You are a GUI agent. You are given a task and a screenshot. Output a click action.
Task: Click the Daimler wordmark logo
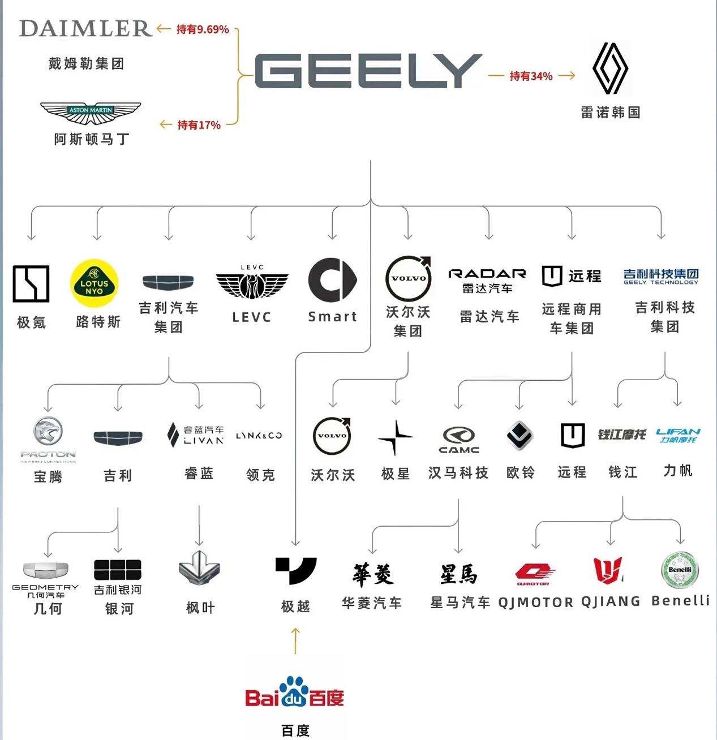[x=85, y=28]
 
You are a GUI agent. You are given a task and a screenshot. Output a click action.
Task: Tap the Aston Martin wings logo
[x=91, y=113]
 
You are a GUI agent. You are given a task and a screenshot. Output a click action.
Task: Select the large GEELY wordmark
[x=368, y=71]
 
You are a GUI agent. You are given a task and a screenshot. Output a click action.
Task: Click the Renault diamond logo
[x=610, y=68]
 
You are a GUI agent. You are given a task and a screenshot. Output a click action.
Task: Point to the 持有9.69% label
[x=202, y=29]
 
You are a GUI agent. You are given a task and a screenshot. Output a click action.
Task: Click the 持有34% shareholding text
[x=531, y=76]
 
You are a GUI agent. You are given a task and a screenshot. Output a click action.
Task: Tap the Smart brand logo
[x=332, y=281]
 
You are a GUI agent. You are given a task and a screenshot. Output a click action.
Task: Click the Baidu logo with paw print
[x=295, y=691]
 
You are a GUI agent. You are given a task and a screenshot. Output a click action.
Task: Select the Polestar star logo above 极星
[x=395, y=437]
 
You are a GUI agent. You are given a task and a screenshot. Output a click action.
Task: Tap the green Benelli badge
[x=680, y=570]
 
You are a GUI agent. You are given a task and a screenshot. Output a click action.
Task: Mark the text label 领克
[x=261, y=475]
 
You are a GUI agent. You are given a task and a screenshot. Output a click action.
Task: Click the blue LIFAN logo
[x=678, y=435]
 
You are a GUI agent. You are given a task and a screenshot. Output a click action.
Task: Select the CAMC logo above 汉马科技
[x=459, y=440]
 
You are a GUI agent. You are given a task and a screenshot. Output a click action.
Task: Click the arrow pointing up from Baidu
[x=295, y=640]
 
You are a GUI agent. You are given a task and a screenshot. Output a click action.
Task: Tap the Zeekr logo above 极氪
[x=31, y=283]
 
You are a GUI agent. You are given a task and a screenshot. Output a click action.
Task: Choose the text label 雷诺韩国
[x=611, y=112]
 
